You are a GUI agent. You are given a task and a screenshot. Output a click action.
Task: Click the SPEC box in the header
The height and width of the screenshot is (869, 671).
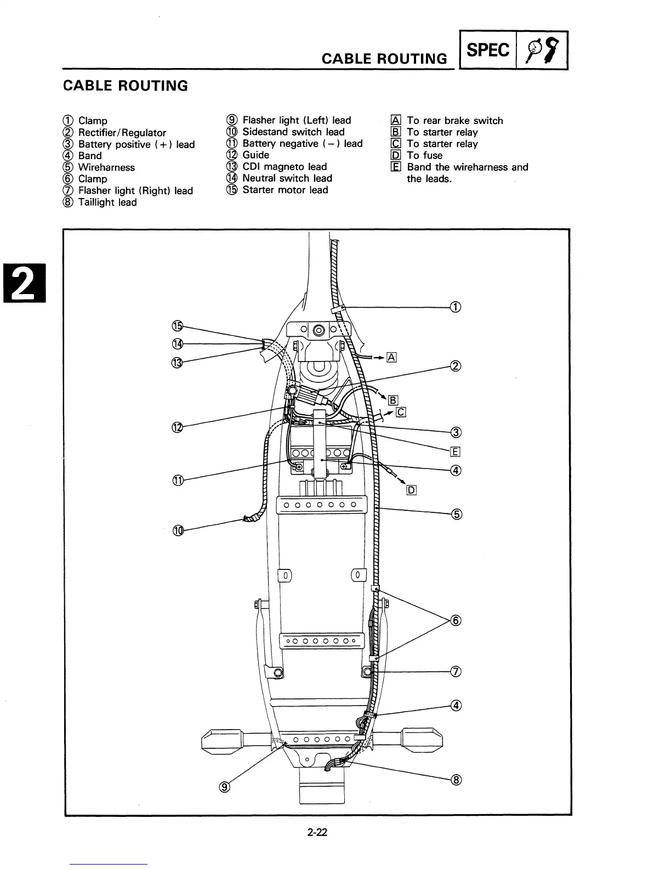[487, 50]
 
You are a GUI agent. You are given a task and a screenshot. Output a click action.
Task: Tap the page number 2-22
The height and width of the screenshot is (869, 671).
[317, 832]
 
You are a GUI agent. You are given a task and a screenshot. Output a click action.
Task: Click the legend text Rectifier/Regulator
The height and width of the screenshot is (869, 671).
[122, 133]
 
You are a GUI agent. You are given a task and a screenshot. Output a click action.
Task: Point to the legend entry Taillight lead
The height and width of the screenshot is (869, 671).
[107, 202]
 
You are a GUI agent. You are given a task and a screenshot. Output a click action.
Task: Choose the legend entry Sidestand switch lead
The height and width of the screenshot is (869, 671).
[293, 132]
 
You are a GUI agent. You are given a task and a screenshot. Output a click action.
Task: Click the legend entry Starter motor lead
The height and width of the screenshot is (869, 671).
[285, 190]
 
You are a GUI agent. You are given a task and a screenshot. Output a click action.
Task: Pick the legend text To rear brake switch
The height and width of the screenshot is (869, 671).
[454, 121]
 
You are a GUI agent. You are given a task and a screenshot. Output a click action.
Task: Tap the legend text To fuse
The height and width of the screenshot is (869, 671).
[424, 156]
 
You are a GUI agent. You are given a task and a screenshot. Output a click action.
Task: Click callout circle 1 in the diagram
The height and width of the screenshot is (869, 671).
[455, 307]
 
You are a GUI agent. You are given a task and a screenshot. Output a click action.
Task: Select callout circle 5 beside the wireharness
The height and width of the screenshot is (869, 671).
[456, 514]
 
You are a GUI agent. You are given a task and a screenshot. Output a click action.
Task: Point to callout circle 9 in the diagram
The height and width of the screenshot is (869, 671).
[224, 788]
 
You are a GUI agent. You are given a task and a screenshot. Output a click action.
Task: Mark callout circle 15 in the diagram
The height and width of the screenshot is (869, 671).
[177, 326]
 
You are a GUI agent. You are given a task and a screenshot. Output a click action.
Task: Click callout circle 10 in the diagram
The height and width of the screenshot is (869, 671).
[178, 531]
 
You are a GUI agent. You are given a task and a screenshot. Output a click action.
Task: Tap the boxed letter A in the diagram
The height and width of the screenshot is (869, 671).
[391, 358]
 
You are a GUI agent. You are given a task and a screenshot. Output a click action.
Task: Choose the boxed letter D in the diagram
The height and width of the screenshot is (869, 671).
[412, 490]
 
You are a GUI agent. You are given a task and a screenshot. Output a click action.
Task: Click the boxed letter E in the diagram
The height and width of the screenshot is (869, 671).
[455, 452]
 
